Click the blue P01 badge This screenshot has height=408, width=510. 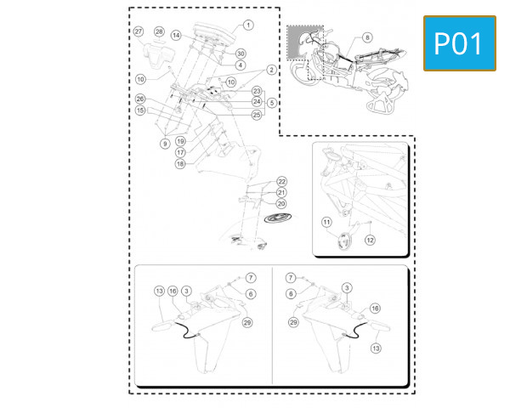click(x=460, y=42)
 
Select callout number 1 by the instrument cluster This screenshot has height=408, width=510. click(x=248, y=25)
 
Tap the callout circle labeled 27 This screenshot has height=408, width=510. click(x=139, y=31)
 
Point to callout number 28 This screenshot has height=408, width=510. click(x=159, y=31)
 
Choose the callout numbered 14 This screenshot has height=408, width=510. click(x=176, y=36)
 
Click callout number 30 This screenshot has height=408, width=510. click(x=241, y=54)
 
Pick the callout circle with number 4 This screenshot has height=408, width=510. click(x=241, y=65)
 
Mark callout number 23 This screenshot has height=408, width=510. click(x=257, y=90)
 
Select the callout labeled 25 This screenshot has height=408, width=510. click(x=257, y=114)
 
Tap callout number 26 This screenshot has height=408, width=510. click(x=140, y=99)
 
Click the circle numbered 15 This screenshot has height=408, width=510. click(x=140, y=110)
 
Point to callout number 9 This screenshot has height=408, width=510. click(x=164, y=144)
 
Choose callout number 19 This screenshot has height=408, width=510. click(x=181, y=141)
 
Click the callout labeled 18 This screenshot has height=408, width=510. click(x=180, y=163)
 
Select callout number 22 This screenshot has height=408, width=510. click(x=282, y=182)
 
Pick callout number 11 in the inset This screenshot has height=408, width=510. click(x=326, y=222)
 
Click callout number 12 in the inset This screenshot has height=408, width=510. click(x=370, y=240)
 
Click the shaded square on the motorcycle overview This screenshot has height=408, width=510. click(x=299, y=42)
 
